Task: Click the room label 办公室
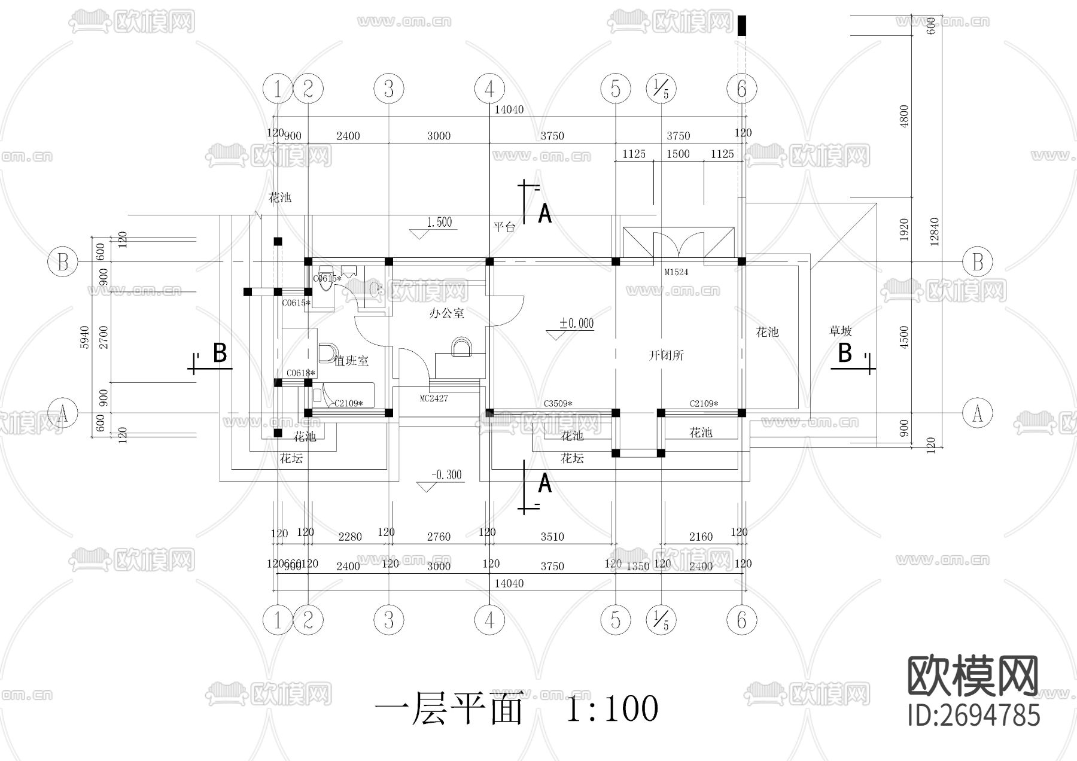pos(446,313)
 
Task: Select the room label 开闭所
pos(666,355)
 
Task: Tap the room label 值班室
pos(351,361)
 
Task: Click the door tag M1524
pos(676,272)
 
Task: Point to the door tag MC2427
pos(434,398)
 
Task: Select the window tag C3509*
pos(558,404)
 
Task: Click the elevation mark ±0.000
pos(576,324)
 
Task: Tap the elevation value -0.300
pos(446,475)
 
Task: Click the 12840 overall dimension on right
pos(935,231)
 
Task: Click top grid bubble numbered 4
pos(489,89)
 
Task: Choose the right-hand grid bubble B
pos(977,262)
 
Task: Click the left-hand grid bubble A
pos(63,413)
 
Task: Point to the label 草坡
pos(840,331)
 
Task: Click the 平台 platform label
pos(504,227)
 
